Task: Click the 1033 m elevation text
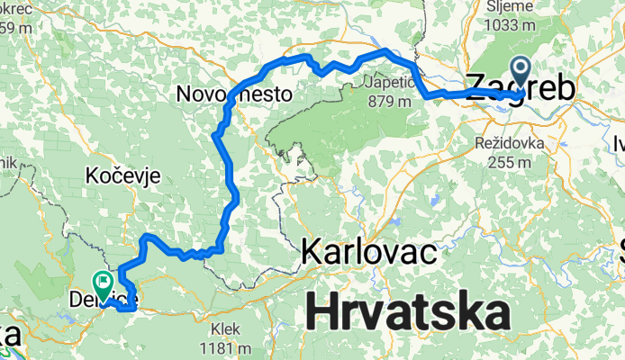click(512, 25)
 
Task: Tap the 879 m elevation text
click(391, 101)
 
